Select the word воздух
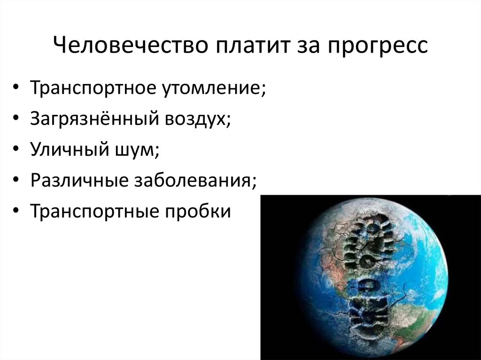[x=198, y=120]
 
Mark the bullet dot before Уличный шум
[x=17, y=151]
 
